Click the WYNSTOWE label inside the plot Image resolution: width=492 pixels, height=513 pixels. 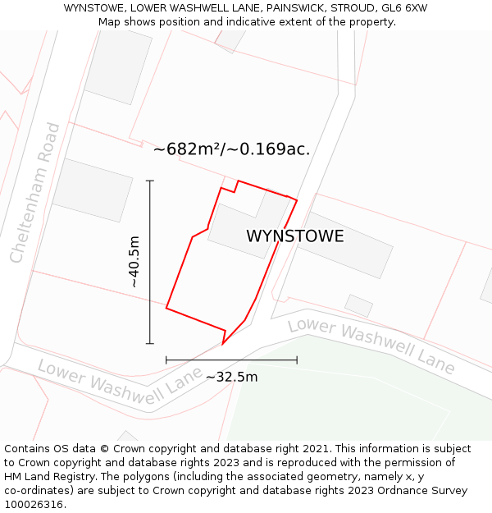pos(294,236)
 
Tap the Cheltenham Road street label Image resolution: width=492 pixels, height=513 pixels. pos(35,193)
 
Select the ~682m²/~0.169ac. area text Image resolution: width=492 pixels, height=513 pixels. pos(231,149)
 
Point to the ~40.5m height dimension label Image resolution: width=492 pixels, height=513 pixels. pos(134,261)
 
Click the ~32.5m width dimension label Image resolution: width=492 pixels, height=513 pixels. pos(231,377)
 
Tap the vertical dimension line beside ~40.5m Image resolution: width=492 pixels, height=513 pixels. pos(150,261)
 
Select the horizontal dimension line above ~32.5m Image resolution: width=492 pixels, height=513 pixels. pos(231,360)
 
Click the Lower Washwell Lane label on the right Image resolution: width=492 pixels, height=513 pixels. pos(371,345)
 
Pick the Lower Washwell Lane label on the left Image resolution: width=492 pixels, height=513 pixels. pos(119,383)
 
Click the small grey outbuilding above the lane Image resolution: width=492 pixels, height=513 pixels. pos(358,305)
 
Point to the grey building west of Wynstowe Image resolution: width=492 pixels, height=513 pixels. pos(92,190)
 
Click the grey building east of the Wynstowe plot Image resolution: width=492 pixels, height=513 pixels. pos(344,245)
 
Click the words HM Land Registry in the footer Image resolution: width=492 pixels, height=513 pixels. pos(46,476)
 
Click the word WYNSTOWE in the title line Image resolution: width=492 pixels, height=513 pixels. pos(94,8)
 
